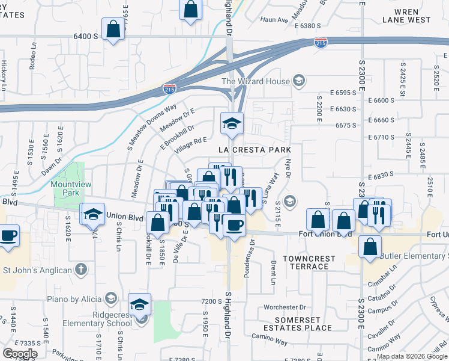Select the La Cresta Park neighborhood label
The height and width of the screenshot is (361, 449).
click(x=255, y=149)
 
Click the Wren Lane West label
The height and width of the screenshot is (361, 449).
click(x=406, y=16)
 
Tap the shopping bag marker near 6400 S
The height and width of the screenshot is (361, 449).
click(x=113, y=30)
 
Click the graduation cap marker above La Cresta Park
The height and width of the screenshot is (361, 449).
click(x=231, y=123)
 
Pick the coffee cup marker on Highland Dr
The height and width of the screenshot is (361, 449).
click(x=234, y=225)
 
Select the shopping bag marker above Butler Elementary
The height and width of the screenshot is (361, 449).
click(x=371, y=246)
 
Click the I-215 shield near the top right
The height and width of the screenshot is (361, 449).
click(x=321, y=42)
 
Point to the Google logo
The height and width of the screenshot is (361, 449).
click(x=20, y=354)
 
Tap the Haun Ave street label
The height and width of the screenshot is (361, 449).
click(x=275, y=20)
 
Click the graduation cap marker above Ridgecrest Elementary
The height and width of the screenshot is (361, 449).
click(x=139, y=304)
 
